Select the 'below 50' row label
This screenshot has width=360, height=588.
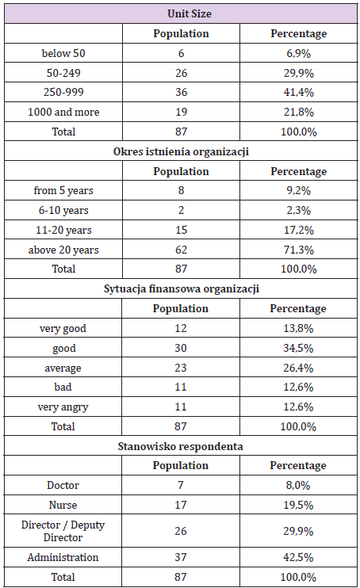pyautogui.click(x=64, y=53)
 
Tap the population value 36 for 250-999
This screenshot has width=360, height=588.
pyautogui.click(x=182, y=92)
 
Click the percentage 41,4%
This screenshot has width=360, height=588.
pyautogui.click(x=299, y=92)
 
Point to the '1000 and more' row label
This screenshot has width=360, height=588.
pyautogui.click(x=64, y=112)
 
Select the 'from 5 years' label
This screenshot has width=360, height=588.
pyautogui.click(x=64, y=190)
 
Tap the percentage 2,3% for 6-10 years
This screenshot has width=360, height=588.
pyautogui.click(x=299, y=210)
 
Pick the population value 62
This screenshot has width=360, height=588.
pyautogui.click(x=182, y=250)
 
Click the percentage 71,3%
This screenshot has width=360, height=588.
pyautogui.click(x=299, y=250)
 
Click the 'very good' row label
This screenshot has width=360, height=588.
pyautogui.click(x=64, y=328)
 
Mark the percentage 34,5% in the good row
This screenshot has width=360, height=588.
pyautogui.click(x=299, y=348)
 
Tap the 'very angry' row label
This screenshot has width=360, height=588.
pyautogui.click(x=64, y=407)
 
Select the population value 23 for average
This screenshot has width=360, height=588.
pyautogui.click(x=182, y=368)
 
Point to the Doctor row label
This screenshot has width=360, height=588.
pyautogui.click(x=64, y=485)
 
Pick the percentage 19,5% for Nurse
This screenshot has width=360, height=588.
pyautogui.click(x=299, y=505)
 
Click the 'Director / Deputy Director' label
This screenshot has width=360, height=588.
pyautogui.click(x=64, y=531)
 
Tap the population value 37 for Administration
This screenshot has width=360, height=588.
pyautogui.click(x=182, y=558)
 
